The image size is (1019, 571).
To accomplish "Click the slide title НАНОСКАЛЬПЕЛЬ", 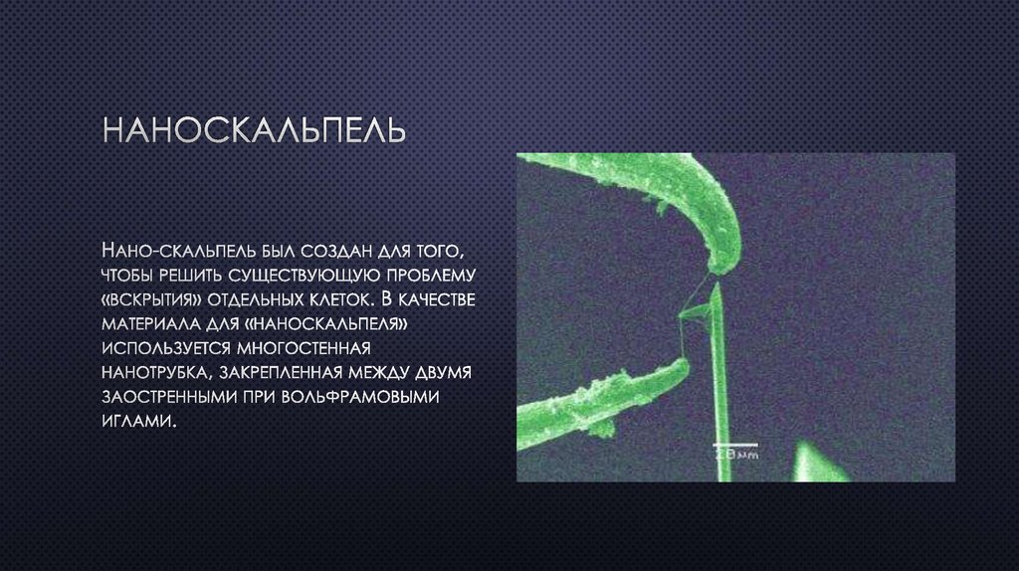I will pos(255,131).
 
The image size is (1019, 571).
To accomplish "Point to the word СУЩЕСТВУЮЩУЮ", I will pos(303,273).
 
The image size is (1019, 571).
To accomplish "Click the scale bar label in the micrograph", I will pos(736,455).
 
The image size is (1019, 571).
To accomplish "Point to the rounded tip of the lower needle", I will pos(684,367).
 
